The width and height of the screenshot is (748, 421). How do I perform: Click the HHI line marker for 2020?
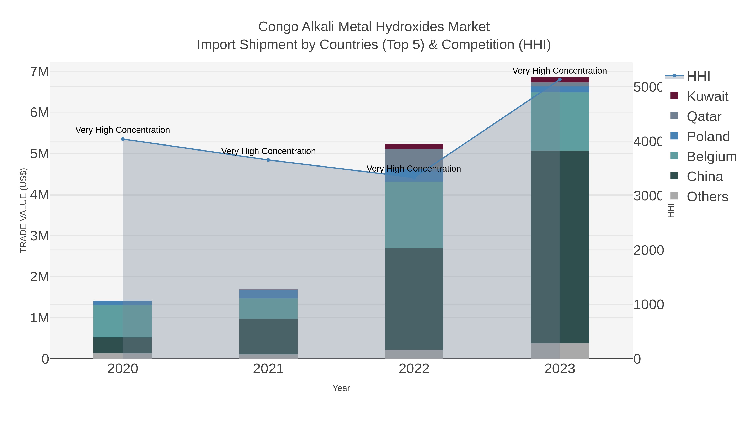(x=123, y=139)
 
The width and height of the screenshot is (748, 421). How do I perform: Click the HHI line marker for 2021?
(x=268, y=160)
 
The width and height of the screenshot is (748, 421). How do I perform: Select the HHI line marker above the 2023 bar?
(x=560, y=80)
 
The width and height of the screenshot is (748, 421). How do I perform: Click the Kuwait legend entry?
(x=707, y=96)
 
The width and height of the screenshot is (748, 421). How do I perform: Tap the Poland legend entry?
(x=708, y=137)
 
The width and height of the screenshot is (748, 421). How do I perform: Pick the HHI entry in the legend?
(x=698, y=77)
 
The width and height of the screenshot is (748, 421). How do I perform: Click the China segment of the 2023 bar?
(x=560, y=247)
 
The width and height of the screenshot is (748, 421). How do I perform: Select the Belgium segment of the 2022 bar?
(x=414, y=215)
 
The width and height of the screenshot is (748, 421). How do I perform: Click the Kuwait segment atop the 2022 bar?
(x=414, y=146)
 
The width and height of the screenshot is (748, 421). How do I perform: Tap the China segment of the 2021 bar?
(x=268, y=336)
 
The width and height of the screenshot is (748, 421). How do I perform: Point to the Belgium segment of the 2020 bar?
(x=123, y=321)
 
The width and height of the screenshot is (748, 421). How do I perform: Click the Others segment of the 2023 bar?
(x=560, y=351)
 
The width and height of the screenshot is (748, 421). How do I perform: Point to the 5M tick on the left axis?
(x=39, y=154)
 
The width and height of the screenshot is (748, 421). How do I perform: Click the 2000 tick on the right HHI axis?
(x=648, y=251)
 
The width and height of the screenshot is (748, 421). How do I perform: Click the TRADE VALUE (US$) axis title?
(x=23, y=210)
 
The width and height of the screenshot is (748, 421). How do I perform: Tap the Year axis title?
(x=341, y=388)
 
